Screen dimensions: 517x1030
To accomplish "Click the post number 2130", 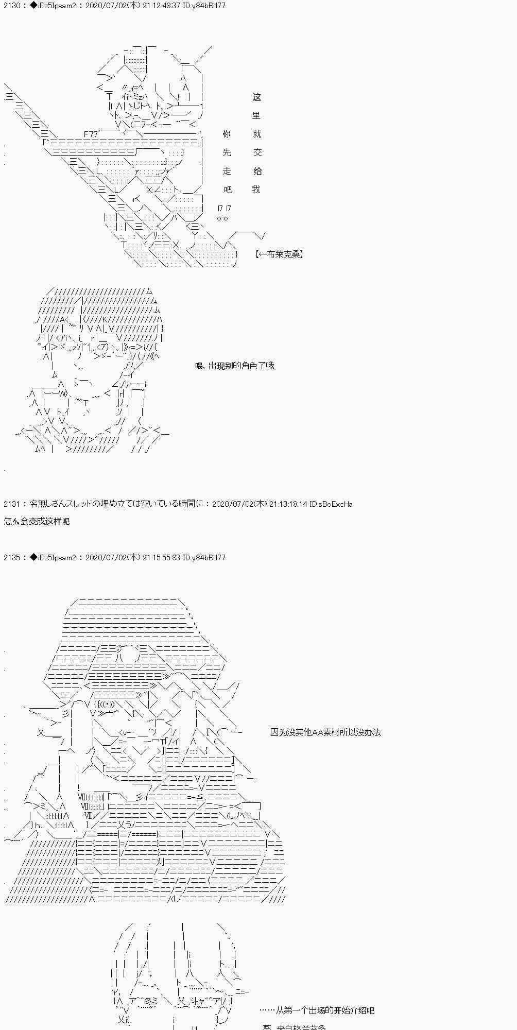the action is coord(11,6).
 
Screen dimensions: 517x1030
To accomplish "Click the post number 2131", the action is coord(11,504).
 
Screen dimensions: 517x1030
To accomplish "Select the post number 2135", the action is coord(11,558).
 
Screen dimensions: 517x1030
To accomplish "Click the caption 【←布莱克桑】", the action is coord(279,254).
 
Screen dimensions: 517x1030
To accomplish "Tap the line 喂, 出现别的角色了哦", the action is coord(235,366).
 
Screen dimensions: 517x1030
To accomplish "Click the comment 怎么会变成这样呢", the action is coord(37,521).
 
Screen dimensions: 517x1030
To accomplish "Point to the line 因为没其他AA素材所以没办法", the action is coord(325,732).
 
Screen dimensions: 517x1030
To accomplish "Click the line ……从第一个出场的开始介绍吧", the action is coord(317,1010).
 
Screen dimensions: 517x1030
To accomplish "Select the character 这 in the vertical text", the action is coord(257,97).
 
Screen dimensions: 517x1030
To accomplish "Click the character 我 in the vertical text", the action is coord(256,190).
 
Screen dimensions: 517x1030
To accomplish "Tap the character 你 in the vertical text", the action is coord(227,134).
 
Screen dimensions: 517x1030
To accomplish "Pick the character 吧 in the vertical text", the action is coord(228,190).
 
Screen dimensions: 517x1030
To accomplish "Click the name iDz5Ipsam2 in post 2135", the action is coord(57,558).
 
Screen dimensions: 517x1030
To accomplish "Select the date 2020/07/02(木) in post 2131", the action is coord(239,504).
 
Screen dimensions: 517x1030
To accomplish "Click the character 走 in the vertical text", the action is coord(227,171).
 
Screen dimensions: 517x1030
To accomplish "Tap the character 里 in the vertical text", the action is coord(256,116).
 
